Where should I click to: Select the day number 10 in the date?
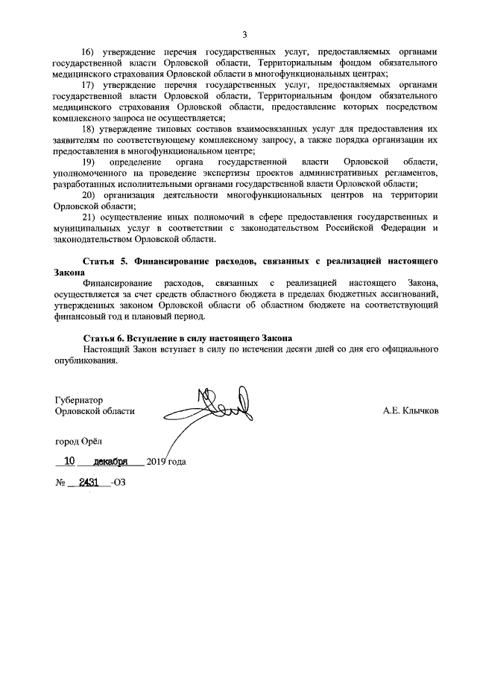pyautogui.click(x=70, y=460)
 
